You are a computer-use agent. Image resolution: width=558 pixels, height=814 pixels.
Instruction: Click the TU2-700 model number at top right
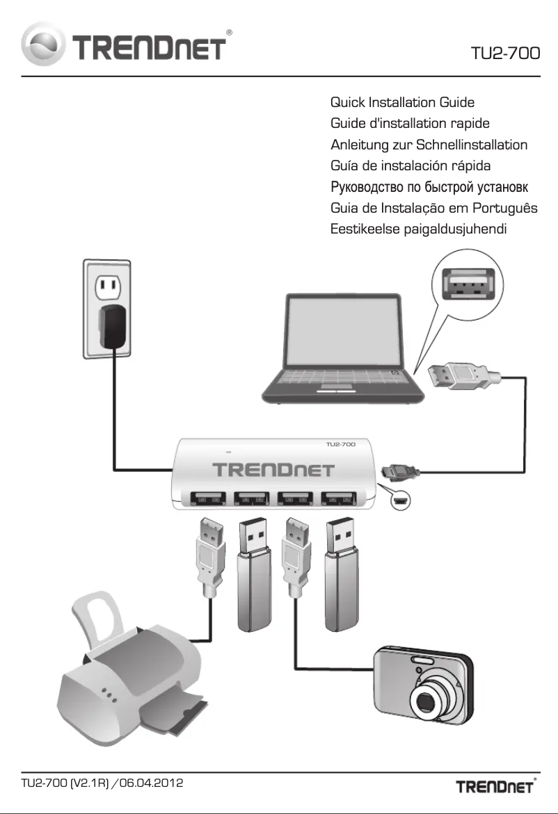(505, 54)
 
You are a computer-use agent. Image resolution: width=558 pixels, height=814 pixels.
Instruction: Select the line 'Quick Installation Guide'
(402, 103)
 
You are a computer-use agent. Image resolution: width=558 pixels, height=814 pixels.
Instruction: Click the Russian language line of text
(429, 187)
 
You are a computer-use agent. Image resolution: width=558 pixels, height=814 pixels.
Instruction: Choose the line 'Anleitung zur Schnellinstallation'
(429, 145)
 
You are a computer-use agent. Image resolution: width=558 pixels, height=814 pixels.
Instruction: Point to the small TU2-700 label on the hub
(341, 443)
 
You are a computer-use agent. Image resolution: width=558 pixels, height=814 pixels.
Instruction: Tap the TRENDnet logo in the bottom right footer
(495, 788)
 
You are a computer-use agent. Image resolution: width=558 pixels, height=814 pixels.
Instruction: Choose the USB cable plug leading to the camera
(294, 553)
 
